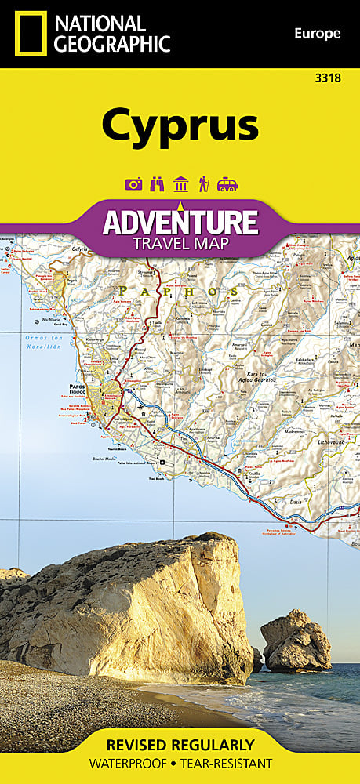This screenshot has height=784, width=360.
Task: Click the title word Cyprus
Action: click(180, 125)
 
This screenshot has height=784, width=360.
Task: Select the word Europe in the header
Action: click(317, 33)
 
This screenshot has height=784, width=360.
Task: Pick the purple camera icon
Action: click(133, 184)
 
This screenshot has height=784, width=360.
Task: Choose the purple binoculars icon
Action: click(156, 184)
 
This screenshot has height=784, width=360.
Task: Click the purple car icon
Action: click(227, 184)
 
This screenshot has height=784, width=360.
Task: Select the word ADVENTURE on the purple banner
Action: click(180, 221)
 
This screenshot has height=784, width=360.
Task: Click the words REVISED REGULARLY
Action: click(180, 745)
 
